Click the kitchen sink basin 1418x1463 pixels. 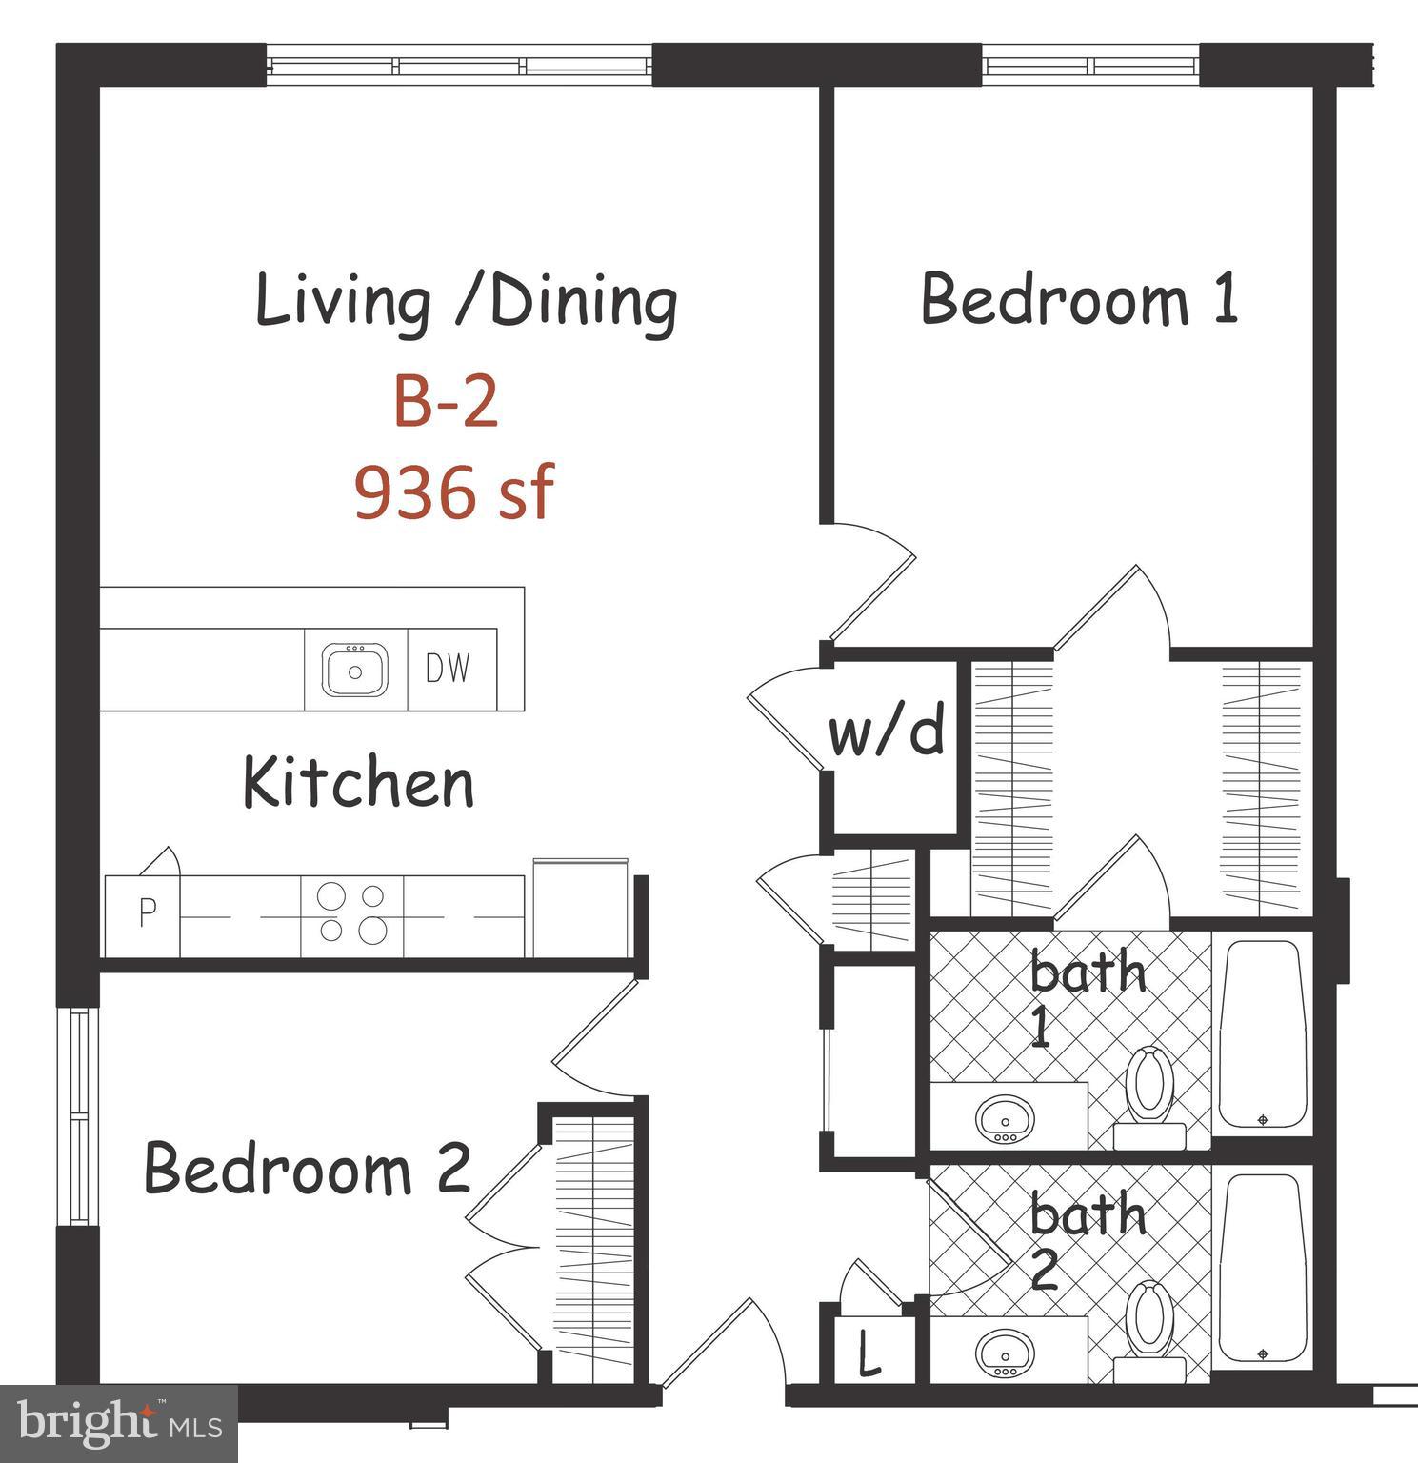click(x=355, y=670)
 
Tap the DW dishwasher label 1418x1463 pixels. click(x=448, y=670)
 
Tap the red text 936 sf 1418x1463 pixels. click(x=453, y=492)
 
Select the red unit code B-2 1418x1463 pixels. click(x=446, y=403)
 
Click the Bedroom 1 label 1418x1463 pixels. click(x=1079, y=300)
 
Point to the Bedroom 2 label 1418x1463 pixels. click(x=307, y=1169)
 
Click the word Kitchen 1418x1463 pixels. click(x=358, y=783)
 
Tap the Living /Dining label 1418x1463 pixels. click(x=467, y=302)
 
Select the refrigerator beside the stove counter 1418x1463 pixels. click(x=580, y=910)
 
